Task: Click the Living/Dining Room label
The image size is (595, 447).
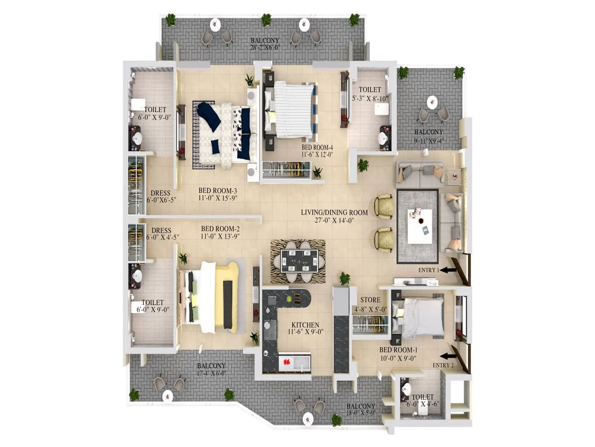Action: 334,216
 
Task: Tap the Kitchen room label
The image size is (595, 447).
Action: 305,328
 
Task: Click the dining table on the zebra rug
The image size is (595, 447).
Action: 299,261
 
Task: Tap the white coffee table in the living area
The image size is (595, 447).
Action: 420,226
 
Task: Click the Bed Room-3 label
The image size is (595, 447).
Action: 218,194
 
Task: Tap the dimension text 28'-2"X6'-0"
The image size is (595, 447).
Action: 265,47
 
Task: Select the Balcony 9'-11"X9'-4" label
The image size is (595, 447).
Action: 429,136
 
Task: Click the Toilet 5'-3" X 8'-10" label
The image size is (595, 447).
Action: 370,94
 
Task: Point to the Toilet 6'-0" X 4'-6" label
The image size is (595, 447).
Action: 422,400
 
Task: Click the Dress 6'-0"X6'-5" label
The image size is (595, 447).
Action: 161,196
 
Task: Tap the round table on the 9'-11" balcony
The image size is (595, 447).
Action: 432,102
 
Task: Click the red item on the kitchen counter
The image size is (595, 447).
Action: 287,362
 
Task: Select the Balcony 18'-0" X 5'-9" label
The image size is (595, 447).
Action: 361,409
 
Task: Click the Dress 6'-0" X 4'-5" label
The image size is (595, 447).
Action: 162,234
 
